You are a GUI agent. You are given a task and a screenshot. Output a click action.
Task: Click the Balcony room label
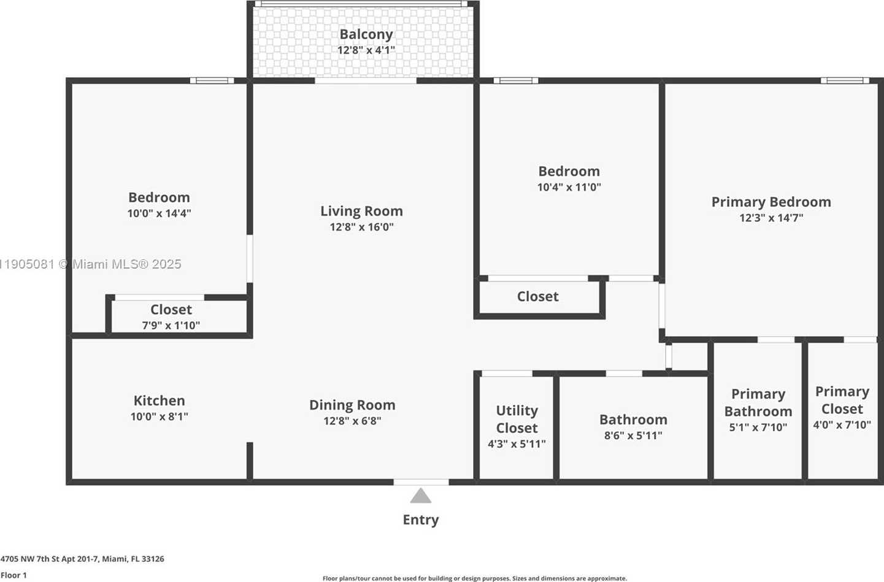366,34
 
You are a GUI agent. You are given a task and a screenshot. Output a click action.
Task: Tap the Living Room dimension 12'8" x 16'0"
361,227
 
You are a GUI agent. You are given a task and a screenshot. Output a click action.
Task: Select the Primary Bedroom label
771,202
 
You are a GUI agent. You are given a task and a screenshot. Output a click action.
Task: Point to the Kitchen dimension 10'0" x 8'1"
159,416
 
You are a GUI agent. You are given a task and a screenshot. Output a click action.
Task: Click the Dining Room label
352,405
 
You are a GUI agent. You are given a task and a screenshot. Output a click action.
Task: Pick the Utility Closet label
517,419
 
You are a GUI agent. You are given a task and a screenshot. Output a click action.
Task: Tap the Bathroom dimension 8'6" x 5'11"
632,435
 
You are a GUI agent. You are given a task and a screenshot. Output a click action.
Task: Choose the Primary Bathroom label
758,402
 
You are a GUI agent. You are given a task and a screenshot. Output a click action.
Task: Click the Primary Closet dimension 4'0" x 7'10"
842,425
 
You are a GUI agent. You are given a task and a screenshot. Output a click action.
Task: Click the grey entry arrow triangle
420,496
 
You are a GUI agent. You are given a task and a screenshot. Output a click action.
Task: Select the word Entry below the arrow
420,519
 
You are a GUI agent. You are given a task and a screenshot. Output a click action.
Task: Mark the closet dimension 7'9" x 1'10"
171,326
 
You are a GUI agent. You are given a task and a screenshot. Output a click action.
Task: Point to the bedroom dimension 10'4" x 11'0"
569,187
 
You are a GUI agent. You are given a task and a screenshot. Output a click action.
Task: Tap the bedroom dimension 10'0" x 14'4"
159,213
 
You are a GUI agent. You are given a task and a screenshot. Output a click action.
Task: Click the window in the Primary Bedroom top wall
845,80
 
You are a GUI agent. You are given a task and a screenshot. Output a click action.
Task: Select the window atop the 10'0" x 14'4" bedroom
212,80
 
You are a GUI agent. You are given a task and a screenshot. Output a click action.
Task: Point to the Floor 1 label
14,575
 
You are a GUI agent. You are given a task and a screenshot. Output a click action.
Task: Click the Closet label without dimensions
537,296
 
